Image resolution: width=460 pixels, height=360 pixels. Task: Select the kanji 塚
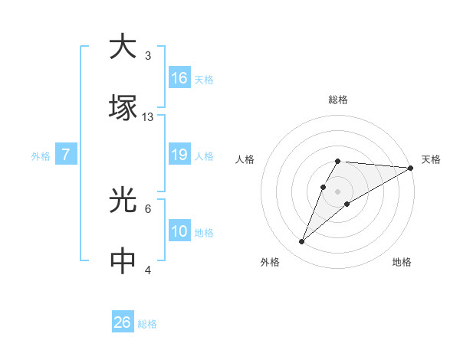123,107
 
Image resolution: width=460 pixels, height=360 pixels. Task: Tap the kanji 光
123,201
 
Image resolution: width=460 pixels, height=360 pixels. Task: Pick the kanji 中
123,261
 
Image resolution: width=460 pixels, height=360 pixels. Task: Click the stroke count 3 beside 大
148,55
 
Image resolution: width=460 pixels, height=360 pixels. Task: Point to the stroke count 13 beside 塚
148,116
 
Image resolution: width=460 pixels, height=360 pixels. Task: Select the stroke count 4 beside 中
148,270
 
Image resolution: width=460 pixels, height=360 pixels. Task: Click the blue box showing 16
179,78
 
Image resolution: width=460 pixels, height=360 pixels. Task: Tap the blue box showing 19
179,155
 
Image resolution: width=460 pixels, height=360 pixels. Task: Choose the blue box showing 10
179,231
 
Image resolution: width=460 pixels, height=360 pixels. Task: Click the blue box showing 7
66,155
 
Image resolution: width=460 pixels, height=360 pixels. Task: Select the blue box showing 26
123,322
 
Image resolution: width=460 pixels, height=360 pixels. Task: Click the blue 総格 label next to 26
147,324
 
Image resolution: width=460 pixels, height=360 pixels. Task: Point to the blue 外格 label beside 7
41,156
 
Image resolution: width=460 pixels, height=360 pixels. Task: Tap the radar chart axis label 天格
431,159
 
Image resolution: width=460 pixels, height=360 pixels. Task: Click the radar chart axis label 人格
245,159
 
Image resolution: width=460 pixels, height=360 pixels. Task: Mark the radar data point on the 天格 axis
411,168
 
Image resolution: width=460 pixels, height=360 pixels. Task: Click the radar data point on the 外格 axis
302,242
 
